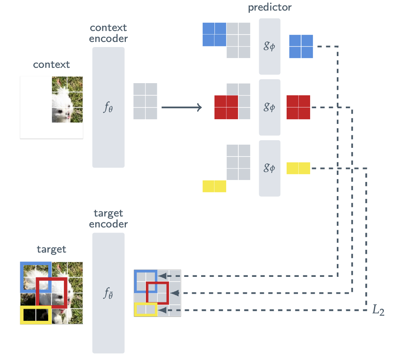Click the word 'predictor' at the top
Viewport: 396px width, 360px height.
270,7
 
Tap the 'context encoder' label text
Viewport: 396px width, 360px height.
108,33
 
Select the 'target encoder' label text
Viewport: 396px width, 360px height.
108,219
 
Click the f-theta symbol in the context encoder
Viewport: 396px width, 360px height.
108,107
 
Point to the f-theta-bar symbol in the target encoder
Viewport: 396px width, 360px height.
108,293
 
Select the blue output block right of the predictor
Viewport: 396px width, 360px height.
301,46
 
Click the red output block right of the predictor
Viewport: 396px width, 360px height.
298,107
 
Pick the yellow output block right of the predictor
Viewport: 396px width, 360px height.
298,168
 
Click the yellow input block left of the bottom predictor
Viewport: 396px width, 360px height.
214,186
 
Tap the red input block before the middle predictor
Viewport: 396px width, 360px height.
226,107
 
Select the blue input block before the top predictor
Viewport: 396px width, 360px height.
214,35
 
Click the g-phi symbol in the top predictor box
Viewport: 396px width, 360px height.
269,47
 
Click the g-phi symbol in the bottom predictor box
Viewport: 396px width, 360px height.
269,168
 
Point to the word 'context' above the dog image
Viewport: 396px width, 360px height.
51,64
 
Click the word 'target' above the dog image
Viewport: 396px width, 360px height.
51,249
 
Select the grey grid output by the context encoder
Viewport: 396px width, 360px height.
145,101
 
